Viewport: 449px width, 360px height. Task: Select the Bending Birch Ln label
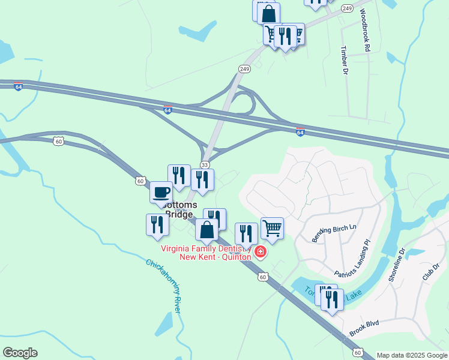pos(334,233)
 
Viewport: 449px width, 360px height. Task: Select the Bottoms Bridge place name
pos(178,209)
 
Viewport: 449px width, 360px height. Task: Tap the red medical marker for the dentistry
pos(261,251)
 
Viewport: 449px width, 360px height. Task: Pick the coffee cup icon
pos(161,192)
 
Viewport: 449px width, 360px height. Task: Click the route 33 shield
pos(205,164)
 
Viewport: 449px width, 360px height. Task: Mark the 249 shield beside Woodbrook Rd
pos(347,8)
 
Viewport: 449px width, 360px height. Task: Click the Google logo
pos(20,353)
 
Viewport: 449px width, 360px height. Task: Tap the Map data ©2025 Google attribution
pos(412,355)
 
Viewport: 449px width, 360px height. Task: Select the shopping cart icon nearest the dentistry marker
pos(272,227)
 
